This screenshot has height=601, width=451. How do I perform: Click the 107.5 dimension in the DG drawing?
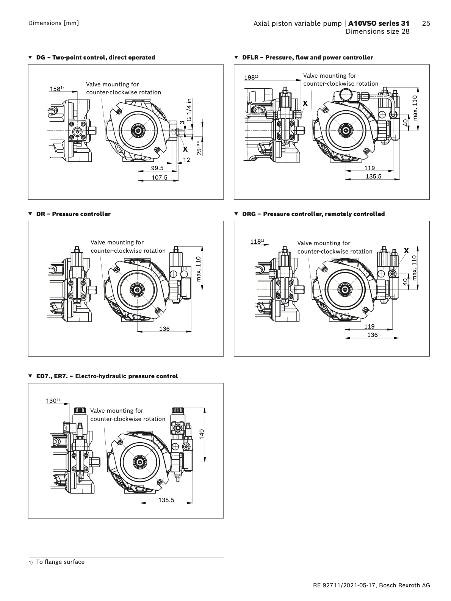click(159, 177)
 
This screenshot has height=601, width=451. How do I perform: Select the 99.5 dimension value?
click(157, 168)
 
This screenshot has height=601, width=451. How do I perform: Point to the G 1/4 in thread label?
click(189, 110)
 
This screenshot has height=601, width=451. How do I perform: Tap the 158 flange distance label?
click(56, 89)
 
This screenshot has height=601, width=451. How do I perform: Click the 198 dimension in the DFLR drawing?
click(250, 77)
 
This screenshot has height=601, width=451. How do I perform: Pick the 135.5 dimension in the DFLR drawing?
click(373, 176)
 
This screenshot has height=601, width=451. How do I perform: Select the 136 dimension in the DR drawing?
click(164, 329)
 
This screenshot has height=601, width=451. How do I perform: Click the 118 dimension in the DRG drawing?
click(256, 241)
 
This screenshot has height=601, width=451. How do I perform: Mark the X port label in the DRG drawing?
click(406, 250)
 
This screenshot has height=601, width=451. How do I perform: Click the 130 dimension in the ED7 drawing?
click(52, 401)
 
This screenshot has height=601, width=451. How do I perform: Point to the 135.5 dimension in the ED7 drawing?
click(166, 500)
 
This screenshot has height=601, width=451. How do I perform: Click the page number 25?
click(426, 23)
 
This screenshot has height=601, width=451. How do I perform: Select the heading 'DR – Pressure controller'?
click(73, 214)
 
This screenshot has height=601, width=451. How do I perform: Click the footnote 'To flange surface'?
click(60, 562)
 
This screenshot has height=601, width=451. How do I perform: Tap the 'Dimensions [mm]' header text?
click(53, 23)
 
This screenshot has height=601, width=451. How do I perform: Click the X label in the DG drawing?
click(185, 149)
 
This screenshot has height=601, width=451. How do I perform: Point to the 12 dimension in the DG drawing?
click(186, 160)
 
